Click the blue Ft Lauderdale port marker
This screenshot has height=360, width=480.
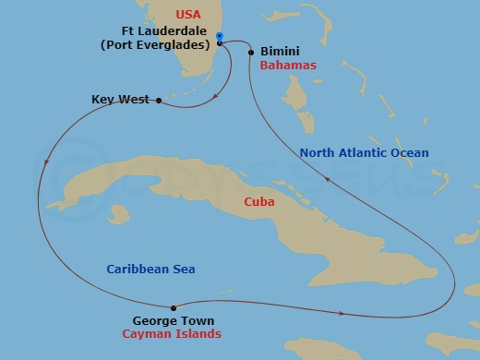(220, 37)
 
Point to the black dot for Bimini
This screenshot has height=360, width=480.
(251, 53)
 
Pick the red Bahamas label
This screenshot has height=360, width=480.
(288, 66)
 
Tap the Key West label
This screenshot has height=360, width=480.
(120, 99)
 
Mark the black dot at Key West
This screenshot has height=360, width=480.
(159, 100)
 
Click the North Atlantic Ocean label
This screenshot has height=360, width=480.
(364, 152)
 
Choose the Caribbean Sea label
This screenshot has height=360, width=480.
(155, 269)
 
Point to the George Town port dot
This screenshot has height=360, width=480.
(173, 307)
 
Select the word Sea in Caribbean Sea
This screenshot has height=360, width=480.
(194, 269)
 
